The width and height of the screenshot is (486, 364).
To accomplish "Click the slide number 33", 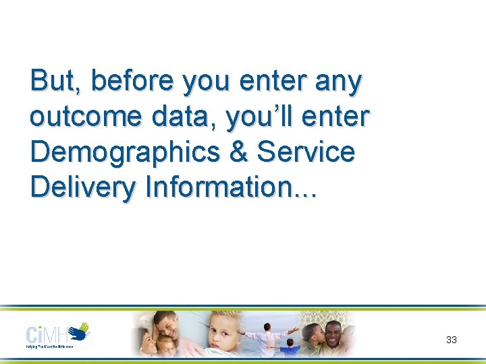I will (452, 340).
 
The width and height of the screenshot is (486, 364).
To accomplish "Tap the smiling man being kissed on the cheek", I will (333, 334).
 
